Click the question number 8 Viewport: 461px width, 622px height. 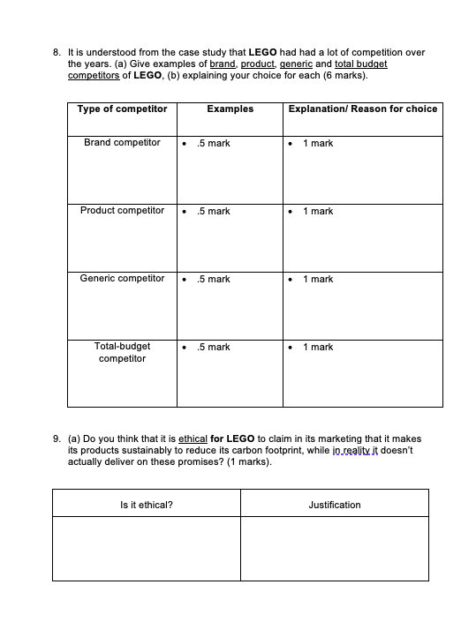pos(57,53)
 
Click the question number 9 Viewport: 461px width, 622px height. pos(57,438)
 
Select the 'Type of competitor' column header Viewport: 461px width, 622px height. pos(122,109)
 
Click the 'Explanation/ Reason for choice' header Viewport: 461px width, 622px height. pos(363,109)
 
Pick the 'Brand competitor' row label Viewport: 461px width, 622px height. pos(122,143)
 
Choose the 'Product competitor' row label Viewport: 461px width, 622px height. pos(122,211)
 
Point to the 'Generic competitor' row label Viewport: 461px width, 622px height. pos(122,279)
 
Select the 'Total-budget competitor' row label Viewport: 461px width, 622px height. pos(122,353)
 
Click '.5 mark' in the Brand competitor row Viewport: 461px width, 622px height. pos(214,144)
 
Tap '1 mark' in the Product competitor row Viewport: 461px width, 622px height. pos(318,212)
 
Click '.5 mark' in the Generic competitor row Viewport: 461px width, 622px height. pos(214,280)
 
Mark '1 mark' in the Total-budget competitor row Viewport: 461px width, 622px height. pos(318,348)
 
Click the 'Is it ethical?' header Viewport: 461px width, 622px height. pos(146,505)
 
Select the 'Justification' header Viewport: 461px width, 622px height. pos(335,505)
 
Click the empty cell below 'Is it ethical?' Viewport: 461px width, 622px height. pos(146,550)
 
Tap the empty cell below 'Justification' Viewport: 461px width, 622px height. pos(335,550)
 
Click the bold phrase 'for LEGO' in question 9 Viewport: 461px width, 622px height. pos(233,438)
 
